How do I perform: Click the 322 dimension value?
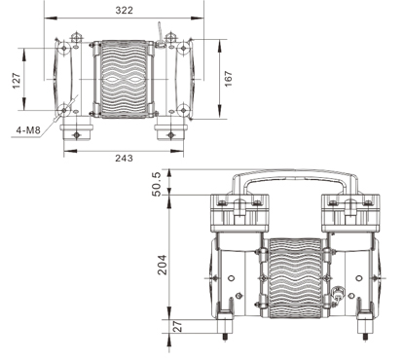tap(125, 11)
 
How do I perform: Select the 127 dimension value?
tap(17, 80)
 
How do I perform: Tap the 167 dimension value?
tap(229, 79)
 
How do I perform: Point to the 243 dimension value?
tap(124, 158)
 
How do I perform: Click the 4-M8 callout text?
tap(28, 130)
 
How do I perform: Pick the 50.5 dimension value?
tap(156, 184)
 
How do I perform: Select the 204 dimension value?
tap(162, 265)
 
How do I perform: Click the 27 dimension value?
tap(177, 326)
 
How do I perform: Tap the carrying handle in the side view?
tap(295, 176)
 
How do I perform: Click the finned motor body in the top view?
tap(124, 79)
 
